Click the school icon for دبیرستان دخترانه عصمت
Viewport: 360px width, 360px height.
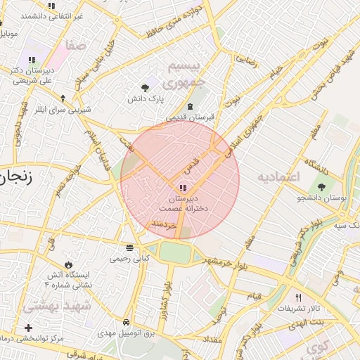(184, 188)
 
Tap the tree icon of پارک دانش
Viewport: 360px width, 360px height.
(145, 88)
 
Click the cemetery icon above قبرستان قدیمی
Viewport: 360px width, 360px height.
(190, 106)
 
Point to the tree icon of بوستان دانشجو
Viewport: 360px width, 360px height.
(322, 188)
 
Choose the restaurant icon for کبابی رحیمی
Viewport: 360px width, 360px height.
(129, 247)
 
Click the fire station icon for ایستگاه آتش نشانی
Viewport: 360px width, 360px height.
(68, 264)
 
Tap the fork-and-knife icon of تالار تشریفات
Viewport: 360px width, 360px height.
(298, 298)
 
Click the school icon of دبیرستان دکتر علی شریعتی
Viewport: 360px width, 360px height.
(32, 60)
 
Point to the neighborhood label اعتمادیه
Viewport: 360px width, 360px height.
(278, 176)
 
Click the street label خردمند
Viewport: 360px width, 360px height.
(163, 224)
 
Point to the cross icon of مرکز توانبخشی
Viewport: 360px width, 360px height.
(28, 328)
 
